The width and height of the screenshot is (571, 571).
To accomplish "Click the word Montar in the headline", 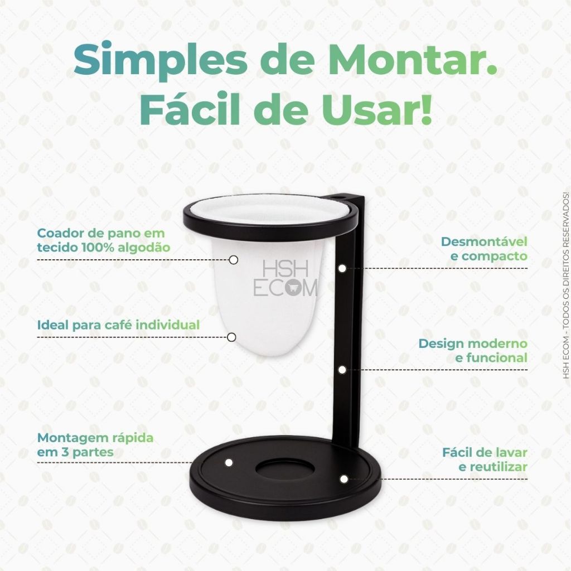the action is click(413, 59).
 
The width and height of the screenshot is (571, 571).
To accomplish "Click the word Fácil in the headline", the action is click(190, 108).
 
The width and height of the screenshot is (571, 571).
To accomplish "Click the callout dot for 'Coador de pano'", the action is click(234, 260).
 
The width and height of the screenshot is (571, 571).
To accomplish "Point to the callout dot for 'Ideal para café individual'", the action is click(231, 337).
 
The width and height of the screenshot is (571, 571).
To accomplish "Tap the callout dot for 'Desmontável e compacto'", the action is click(342, 268).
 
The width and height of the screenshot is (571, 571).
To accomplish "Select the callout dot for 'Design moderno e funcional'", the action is click(342, 370).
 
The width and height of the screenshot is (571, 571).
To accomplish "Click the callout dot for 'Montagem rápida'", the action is click(229, 462).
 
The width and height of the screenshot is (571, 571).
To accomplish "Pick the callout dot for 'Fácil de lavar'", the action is click(343, 479).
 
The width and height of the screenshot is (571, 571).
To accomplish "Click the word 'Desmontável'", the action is click(485, 241).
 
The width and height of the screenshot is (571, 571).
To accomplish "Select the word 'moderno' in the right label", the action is click(498, 343).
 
